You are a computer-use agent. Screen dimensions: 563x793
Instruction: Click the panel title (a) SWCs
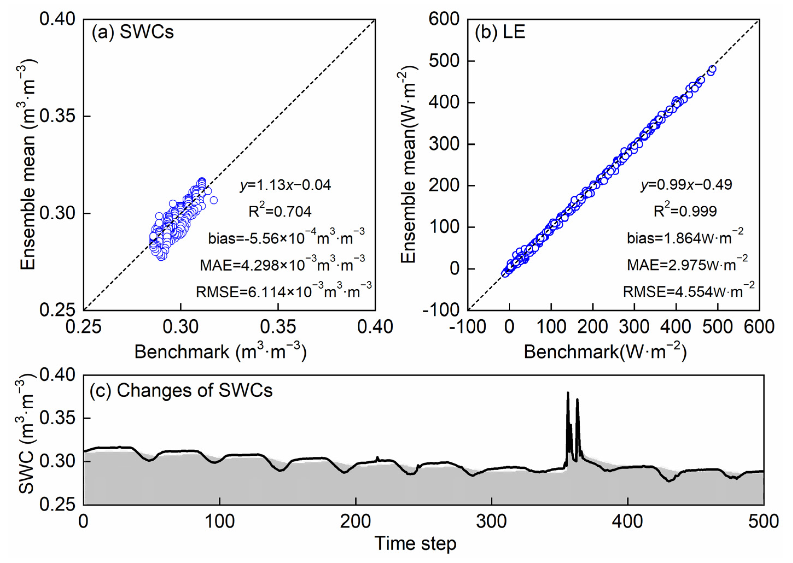pyautogui.click(x=133, y=33)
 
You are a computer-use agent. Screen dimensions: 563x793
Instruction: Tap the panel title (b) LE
pyautogui.click(x=500, y=33)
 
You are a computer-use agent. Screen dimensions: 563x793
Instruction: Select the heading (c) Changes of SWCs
pyautogui.click(x=181, y=391)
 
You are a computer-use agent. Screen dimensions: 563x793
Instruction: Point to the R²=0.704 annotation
pyautogui.click(x=280, y=211)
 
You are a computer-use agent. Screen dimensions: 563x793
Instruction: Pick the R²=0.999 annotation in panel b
pyautogui.click(x=685, y=211)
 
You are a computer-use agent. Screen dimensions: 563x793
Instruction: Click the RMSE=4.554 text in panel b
pyautogui.click(x=688, y=292)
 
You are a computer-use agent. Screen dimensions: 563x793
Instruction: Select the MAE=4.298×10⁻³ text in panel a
pyautogui.click(x=282, y=265)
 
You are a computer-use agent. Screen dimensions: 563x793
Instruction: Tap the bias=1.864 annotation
pyautogui.click(x=685, y=238)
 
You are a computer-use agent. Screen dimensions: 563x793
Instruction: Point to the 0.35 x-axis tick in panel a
pyautogui.click(x=278, y=327)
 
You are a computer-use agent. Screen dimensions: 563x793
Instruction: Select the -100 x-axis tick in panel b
pyautogui.click(x=467, y=327)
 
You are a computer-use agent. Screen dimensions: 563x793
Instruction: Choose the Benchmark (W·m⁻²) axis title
pyautogui.click(x=605, y=352)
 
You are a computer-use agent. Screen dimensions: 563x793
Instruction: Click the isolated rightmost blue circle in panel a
pyautogui.click(x=214, y=200)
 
